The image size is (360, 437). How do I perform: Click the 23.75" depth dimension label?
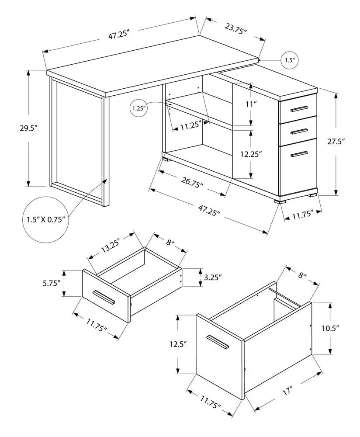click(236, 30)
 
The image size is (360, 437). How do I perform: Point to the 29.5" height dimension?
click(30, 128)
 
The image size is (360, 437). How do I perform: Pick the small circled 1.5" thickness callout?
click(290, 60)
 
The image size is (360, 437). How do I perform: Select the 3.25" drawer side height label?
click(213, 277)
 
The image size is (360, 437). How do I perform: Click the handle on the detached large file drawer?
click(218, 342)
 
